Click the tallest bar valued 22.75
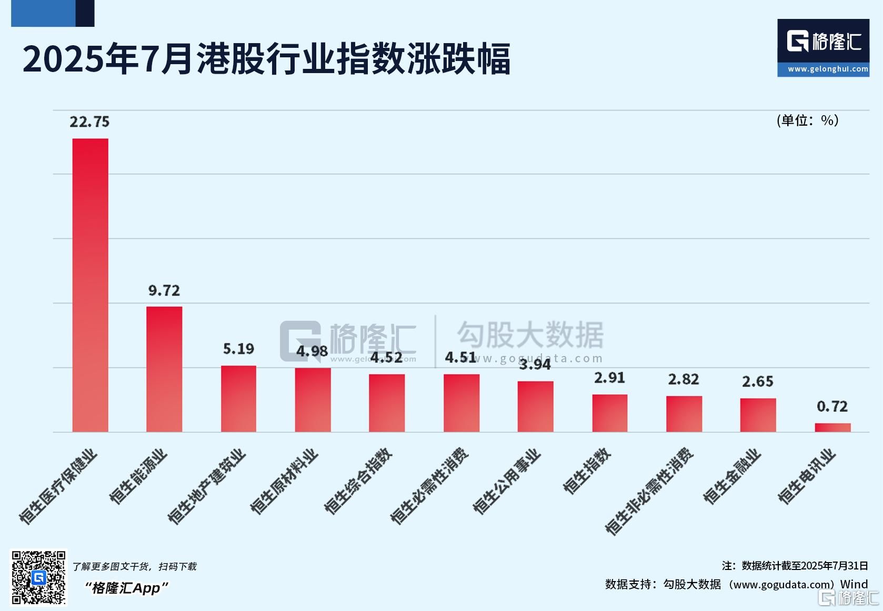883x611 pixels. pyautogui.click(x=90, y=285)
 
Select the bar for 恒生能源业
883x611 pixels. pyautogui.click(x=164, y=369)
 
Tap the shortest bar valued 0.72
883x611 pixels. pyautogui.click(x=832, y=427)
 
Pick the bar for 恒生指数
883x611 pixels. pyautogui.click(x=610, y=413)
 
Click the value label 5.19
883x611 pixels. pyautogui.click(x=238, y=349)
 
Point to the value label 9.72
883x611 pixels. pyautogui.click(x=164, y=291)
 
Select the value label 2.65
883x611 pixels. pyautogui.click(x=758, y=382)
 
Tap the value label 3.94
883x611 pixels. pyautogui.click(x=535, y=364)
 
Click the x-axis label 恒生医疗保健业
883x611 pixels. pyautogui.click(x=58, y=486)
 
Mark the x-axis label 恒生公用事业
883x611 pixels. pyautogui.click(x=507, y=481)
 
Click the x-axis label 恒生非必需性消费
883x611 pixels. pyautogui.click(x=649, y=492)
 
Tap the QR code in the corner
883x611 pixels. pyautogui.click(x=39, y=577)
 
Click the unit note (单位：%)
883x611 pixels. pyautogui.click(x=807, y=120)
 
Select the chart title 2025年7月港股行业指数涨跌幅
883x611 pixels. pyautogui.click(x=266, y=58)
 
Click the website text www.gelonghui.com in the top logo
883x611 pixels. pyautogui.click(x=828, y=69)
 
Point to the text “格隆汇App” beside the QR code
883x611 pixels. pyautogui.click(x=126, y=588)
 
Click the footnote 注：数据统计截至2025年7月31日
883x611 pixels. pyautogui.click(x=795, y=566)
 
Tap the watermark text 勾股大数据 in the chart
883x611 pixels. pyautogui.click(x=530, y=335)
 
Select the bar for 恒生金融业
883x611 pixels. pyautogui.click(x=758, y=415)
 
